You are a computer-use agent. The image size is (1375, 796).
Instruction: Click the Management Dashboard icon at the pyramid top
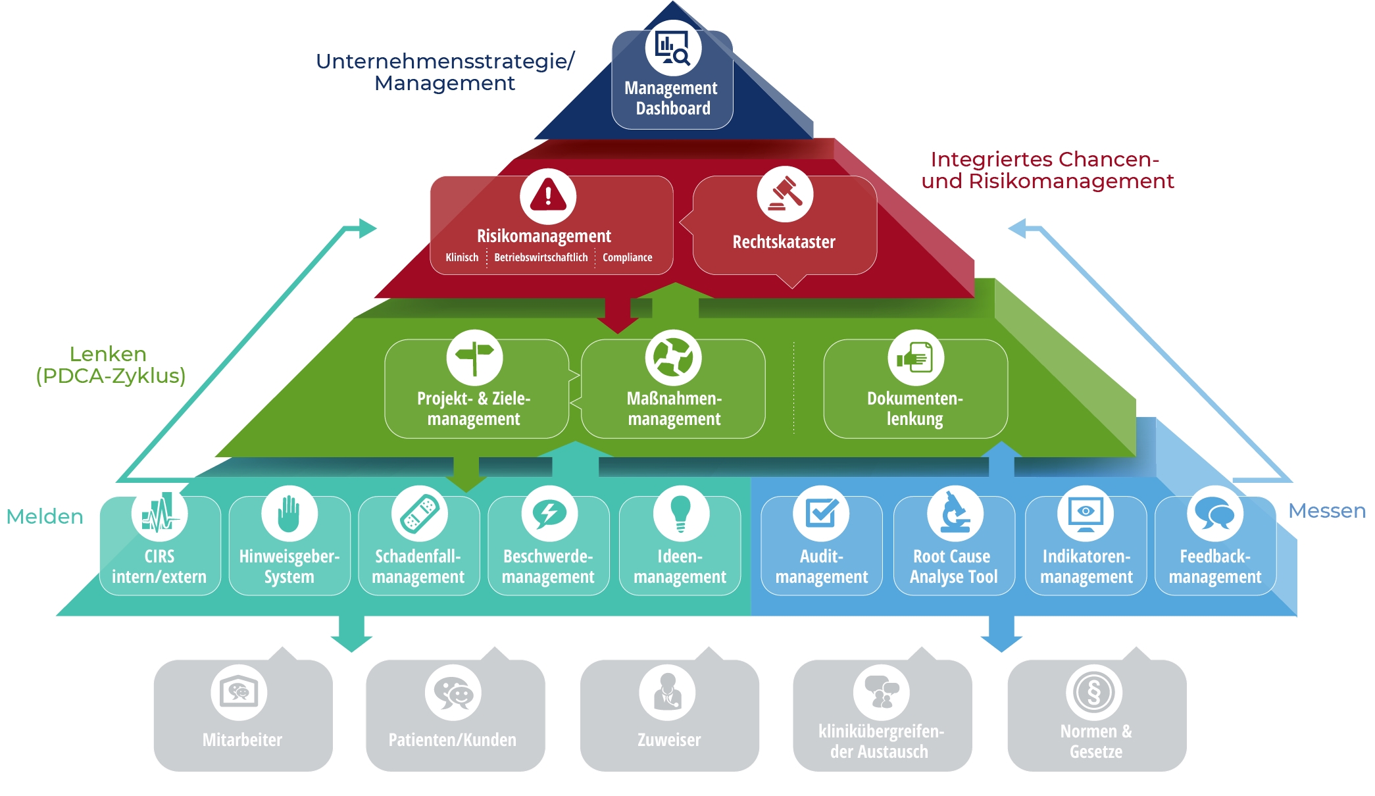coord(673,48)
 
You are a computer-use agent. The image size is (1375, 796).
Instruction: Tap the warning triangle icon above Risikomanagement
coord(548,195)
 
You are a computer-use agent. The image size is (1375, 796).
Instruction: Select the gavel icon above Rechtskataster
coord(785,194)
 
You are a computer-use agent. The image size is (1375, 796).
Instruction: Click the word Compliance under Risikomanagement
coord(627,257)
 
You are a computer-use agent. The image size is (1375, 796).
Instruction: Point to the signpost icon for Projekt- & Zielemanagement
coord(474,357)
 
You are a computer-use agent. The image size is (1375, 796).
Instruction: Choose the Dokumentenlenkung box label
coord(914,409)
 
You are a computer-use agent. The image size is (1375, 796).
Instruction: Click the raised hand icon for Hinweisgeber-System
coord(289,514)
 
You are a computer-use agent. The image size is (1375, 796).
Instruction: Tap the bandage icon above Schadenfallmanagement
coord(419,514)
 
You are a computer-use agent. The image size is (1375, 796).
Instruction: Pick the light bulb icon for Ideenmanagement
coord(680,514)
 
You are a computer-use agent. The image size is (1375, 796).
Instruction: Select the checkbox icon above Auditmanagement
coord(821,514)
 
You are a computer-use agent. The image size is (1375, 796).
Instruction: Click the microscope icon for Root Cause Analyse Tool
coord(955,514)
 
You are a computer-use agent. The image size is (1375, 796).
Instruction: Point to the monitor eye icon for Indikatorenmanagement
coord(1086,514)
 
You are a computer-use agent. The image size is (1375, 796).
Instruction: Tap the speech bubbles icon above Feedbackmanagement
coord(1214,514)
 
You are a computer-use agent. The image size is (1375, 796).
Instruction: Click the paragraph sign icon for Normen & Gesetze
coord(1093,693)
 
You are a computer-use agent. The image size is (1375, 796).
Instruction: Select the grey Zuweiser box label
coord(669,740)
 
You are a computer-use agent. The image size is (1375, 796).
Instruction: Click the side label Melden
coord(45,517)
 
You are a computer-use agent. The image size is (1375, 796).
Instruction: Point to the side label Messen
coord(1326,511)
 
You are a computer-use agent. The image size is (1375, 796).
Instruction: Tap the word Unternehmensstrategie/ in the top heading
coord(445,61)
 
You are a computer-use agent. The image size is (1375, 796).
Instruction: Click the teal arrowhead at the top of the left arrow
coord(367,228)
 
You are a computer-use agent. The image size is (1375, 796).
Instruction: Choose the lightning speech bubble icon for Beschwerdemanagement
coord(549,514)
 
